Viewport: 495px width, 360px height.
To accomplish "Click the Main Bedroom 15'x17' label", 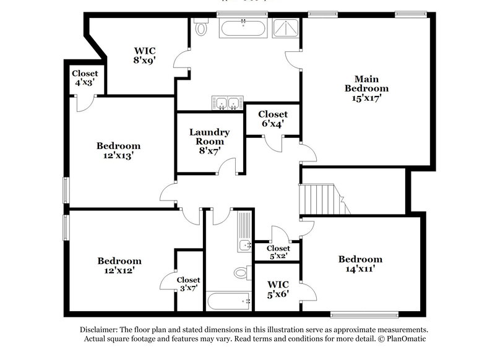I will (x=366, y=88).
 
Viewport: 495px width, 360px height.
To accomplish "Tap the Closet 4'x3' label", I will (x=85, y=77).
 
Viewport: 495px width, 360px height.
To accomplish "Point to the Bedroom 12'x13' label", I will (x=118, y=151).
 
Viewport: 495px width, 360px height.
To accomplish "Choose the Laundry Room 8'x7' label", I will (x=209, y=141).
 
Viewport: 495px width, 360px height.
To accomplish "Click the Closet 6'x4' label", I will (x=272, y=119).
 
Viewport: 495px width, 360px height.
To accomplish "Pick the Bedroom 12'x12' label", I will (x=119, y=265).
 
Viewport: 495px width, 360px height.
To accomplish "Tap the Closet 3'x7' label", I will (x=188, y=283).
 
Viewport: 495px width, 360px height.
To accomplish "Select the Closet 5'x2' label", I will (x=278, y=252).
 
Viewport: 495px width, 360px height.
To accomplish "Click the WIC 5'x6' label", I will (x=278, y=289).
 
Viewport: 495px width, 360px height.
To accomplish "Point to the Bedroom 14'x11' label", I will (x=360, y=264).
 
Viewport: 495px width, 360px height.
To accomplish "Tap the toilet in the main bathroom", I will (x=200, y=28).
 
